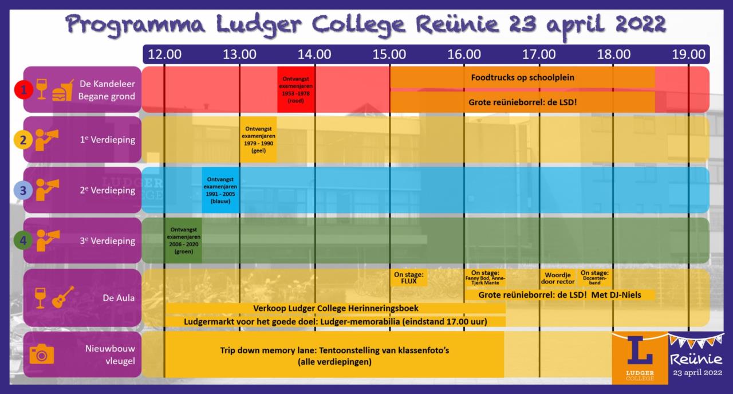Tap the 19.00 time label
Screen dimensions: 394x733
click(688, 55)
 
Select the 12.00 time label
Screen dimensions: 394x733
click(165, 55)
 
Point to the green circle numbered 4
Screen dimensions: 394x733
click(23, 241)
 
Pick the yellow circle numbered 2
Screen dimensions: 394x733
click(23, 140)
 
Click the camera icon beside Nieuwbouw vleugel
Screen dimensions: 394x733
click(41, 353)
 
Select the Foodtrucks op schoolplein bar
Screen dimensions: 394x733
click(522, 77)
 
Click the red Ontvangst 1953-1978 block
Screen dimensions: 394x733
click(296, 89)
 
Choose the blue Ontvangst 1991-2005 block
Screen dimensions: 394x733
click(220, 190)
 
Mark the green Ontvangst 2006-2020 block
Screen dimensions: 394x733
click(183, 241)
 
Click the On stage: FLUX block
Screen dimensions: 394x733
click(408, 278)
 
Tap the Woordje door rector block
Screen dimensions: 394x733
click(557, 278)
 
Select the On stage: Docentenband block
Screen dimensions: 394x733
click(594, 278)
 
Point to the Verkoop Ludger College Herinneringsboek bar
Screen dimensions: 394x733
click(336, 308)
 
